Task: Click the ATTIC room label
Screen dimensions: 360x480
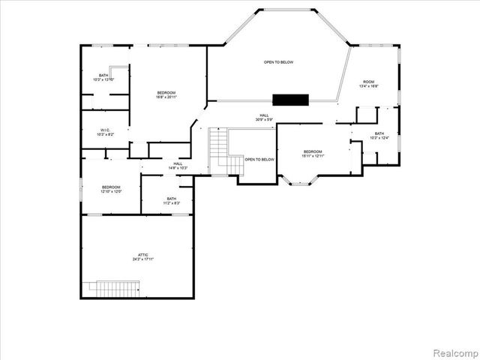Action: [x=136, y=255]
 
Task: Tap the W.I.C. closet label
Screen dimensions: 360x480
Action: [x=106, y=130]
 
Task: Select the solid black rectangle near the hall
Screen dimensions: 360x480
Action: [x=291, y=100]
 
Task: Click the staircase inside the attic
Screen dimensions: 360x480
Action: [x=115, y=288]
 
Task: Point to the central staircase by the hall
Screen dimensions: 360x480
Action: [x=217, y=142]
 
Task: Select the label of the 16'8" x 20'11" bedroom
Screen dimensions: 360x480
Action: [x=166, y=92]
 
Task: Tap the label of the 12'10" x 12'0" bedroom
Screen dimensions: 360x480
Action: [x=111, y=187]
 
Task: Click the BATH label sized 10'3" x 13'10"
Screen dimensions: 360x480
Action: [x=103, y=75]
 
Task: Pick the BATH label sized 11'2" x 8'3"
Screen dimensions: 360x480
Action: [x=172, y=199]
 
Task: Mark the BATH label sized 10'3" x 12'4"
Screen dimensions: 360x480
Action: [x=379, y=133]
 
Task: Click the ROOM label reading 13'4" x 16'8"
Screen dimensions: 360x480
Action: [x=368, y=82]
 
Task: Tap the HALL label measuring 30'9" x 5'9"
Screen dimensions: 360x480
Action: [x=264, y=115]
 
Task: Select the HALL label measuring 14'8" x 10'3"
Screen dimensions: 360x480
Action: [x=178, y=163]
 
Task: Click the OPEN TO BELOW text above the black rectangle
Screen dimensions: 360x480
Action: [x=277, y=62]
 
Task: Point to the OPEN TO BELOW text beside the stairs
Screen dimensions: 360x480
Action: [x=259, y=159]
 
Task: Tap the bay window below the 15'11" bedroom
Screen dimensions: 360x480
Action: [x=300, y=180]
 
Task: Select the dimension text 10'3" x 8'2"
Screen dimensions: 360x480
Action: [x=106, y=134]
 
